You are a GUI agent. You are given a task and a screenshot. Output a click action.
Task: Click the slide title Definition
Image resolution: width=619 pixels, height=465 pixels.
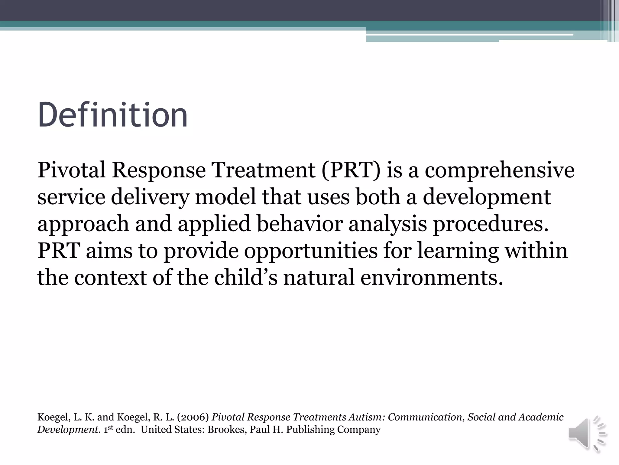pos(112,115)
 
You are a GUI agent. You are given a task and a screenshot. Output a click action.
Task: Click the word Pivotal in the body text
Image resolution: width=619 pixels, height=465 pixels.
pos(71,170)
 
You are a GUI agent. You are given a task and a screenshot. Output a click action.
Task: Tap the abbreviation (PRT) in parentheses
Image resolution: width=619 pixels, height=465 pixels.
pos(351,170)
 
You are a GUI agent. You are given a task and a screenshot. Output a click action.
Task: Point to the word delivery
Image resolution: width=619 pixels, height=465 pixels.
pos(150,197)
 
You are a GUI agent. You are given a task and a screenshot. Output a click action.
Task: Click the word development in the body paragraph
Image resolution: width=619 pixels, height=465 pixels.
pos(487,197)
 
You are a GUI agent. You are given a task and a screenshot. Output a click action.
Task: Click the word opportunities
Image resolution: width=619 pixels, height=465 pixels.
pos(311,251)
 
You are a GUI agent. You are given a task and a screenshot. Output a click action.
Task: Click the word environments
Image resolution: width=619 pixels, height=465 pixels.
pos(432,278)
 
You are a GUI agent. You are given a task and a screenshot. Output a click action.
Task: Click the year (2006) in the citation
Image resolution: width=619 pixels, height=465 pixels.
pos(193,417)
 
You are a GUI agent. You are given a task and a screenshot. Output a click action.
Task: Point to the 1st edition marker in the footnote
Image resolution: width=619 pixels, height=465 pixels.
pos(108,430)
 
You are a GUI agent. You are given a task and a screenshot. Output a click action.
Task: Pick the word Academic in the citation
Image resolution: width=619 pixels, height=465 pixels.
pos(541,417)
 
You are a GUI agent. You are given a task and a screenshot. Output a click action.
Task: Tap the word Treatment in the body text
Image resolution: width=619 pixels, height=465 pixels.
pos(263,170)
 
